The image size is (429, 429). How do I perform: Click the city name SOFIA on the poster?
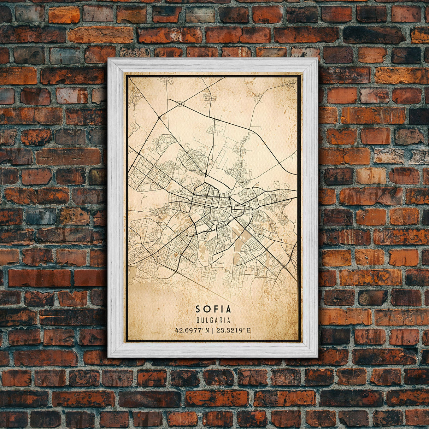coord(213,309)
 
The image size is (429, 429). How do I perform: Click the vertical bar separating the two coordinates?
coord(213,331)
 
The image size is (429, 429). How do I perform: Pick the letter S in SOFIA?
coord(198,309)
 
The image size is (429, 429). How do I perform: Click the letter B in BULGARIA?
coord(197,321)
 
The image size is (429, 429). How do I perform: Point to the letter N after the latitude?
coord(208,331)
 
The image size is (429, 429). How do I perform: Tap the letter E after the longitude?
coord(249,331)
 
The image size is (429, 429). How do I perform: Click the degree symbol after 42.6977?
coord(203,329)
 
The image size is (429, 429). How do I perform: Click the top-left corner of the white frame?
coord(108,59)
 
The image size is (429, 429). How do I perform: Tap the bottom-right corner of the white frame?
coord(317,357)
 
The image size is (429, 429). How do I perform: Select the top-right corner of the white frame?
coord(317,59)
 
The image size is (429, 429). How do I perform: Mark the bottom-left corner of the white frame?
coord(108,357)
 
